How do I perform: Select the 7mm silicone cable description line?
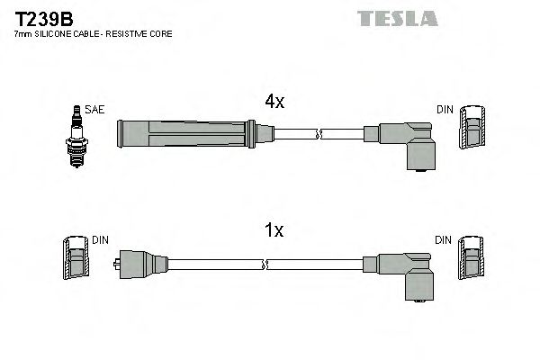[x=93, y=33]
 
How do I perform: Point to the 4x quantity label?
[x=274, y=103]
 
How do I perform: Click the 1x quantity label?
[x=274, y=231]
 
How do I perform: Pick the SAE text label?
[x=95, y=110]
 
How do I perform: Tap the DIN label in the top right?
[x=445, y=110]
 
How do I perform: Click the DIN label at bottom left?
[x=100, y=240]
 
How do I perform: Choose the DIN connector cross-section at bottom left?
[x=76, y=262]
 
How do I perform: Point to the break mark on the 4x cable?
[x=319, y=135]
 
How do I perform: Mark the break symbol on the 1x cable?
[x=266, y=265]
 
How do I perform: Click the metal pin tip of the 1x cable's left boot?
[x=117, y=265]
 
